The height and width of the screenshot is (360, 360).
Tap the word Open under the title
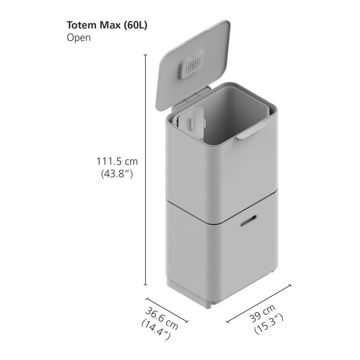tap(79, 38)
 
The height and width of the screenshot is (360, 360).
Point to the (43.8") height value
tap(116, 174)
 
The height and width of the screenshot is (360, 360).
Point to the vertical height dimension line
tap(146, 170)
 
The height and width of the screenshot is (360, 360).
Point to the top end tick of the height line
tap(146, 55)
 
